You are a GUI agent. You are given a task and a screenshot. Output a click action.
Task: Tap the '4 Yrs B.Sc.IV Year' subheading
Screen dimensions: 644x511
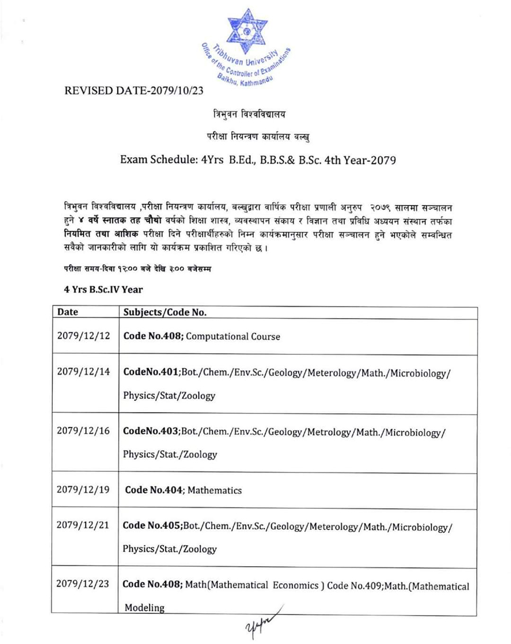point(103,289)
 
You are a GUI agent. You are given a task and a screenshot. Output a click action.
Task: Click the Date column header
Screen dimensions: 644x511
point(68,312)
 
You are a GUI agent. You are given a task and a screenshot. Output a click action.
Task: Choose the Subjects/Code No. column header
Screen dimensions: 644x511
point(165,312)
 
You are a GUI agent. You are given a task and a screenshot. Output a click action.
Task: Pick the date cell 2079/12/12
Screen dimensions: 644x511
point(83,335)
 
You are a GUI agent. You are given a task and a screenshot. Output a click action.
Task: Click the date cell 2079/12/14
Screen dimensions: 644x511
point(83,371)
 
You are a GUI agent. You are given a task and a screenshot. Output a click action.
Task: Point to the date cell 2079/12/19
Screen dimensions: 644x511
point(83,489)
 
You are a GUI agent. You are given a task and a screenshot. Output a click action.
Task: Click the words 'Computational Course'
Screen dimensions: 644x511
point(233,336)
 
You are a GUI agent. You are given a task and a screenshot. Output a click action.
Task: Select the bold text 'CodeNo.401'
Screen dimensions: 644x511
point(151,373)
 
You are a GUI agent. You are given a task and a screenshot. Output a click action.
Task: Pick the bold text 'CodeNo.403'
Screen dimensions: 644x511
point(151,432)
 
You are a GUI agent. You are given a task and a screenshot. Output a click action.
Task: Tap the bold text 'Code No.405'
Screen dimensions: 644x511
point(152,526)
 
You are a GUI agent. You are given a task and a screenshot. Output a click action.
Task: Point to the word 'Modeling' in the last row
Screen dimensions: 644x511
point(144,608)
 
